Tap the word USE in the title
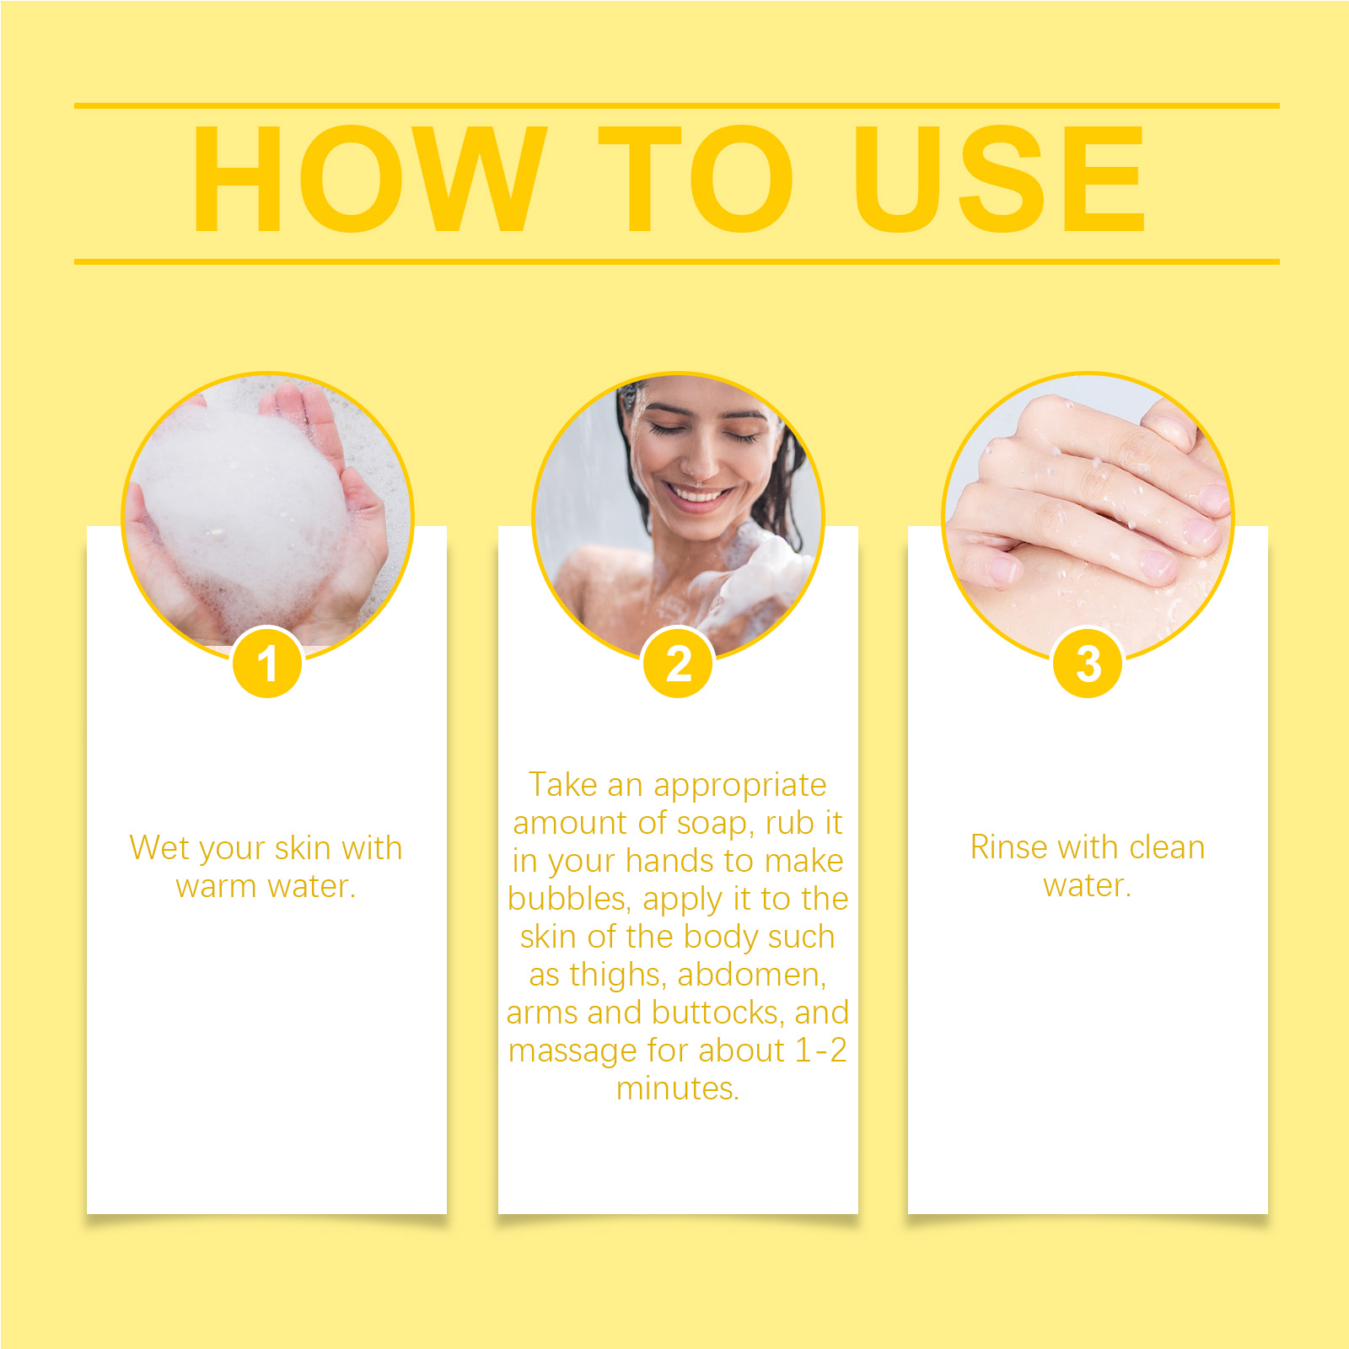coord(1000,178)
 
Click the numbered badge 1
coord(267,663)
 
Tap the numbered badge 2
coord(678,663)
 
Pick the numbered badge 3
coord(1088,663)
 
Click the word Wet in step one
coord(159,848)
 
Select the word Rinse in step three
coord(1006,847)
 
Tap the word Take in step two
coord(563,784)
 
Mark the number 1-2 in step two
coord(821,1051)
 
